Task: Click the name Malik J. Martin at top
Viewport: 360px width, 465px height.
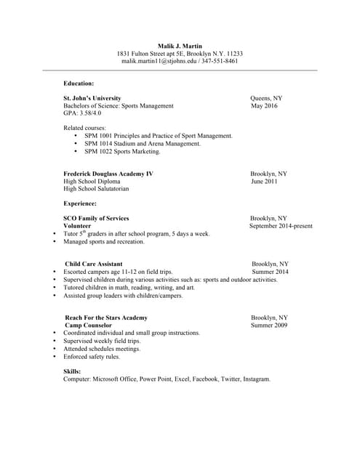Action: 180,46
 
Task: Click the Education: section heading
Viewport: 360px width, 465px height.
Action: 79,84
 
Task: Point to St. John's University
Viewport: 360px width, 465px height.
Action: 92,98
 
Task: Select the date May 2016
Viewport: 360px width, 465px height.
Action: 264,106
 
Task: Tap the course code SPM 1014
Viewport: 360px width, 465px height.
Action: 101,144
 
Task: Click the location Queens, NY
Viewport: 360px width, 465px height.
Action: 266,98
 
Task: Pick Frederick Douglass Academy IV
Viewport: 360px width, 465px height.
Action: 108,174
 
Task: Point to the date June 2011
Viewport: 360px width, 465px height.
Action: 264,182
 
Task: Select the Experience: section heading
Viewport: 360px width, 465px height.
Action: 80,204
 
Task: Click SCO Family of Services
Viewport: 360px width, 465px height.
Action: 96,219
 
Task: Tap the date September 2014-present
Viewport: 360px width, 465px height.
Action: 281,226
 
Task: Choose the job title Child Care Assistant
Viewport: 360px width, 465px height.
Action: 94,264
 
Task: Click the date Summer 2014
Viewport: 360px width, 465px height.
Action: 270,272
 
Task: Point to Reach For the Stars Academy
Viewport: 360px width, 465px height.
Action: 106,318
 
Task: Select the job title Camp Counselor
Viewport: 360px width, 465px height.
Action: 89,325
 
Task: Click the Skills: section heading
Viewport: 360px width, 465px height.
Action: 72,371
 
